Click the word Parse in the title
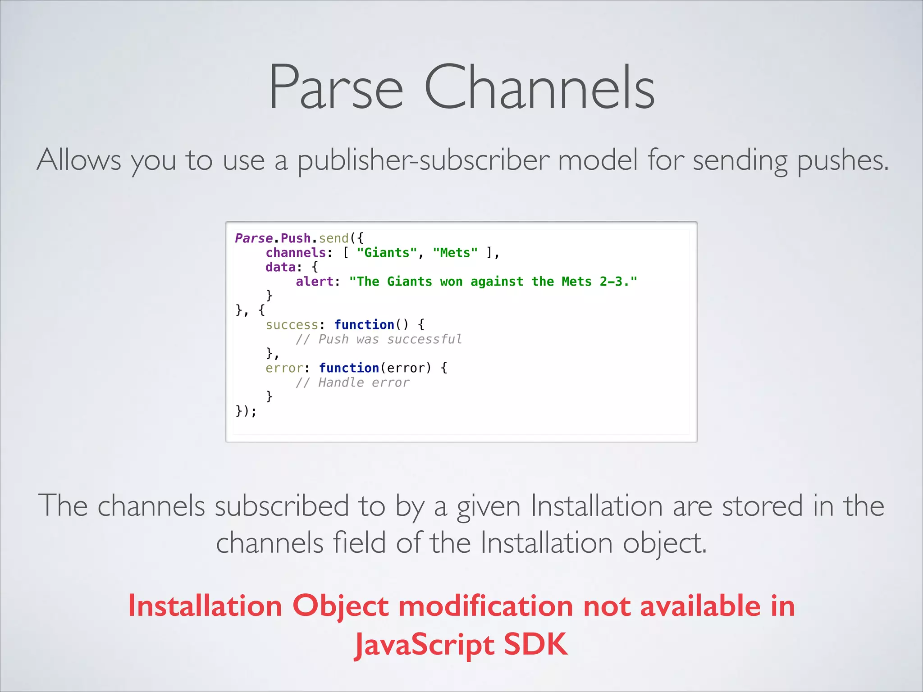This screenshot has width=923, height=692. point(336,88)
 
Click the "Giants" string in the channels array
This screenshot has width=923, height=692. point(387,253)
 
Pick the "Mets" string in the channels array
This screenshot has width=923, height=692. point(455,253)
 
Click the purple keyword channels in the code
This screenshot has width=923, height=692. point(296,253)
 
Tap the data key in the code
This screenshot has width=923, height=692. point(280,267)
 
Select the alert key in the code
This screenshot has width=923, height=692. point(315,282)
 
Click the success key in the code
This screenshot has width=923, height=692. point(292,325)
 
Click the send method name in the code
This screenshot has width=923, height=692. point(334,238)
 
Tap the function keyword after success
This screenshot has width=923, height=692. point(364,325)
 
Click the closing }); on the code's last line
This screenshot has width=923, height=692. point(246,411)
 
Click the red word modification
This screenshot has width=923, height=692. point(485,606)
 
